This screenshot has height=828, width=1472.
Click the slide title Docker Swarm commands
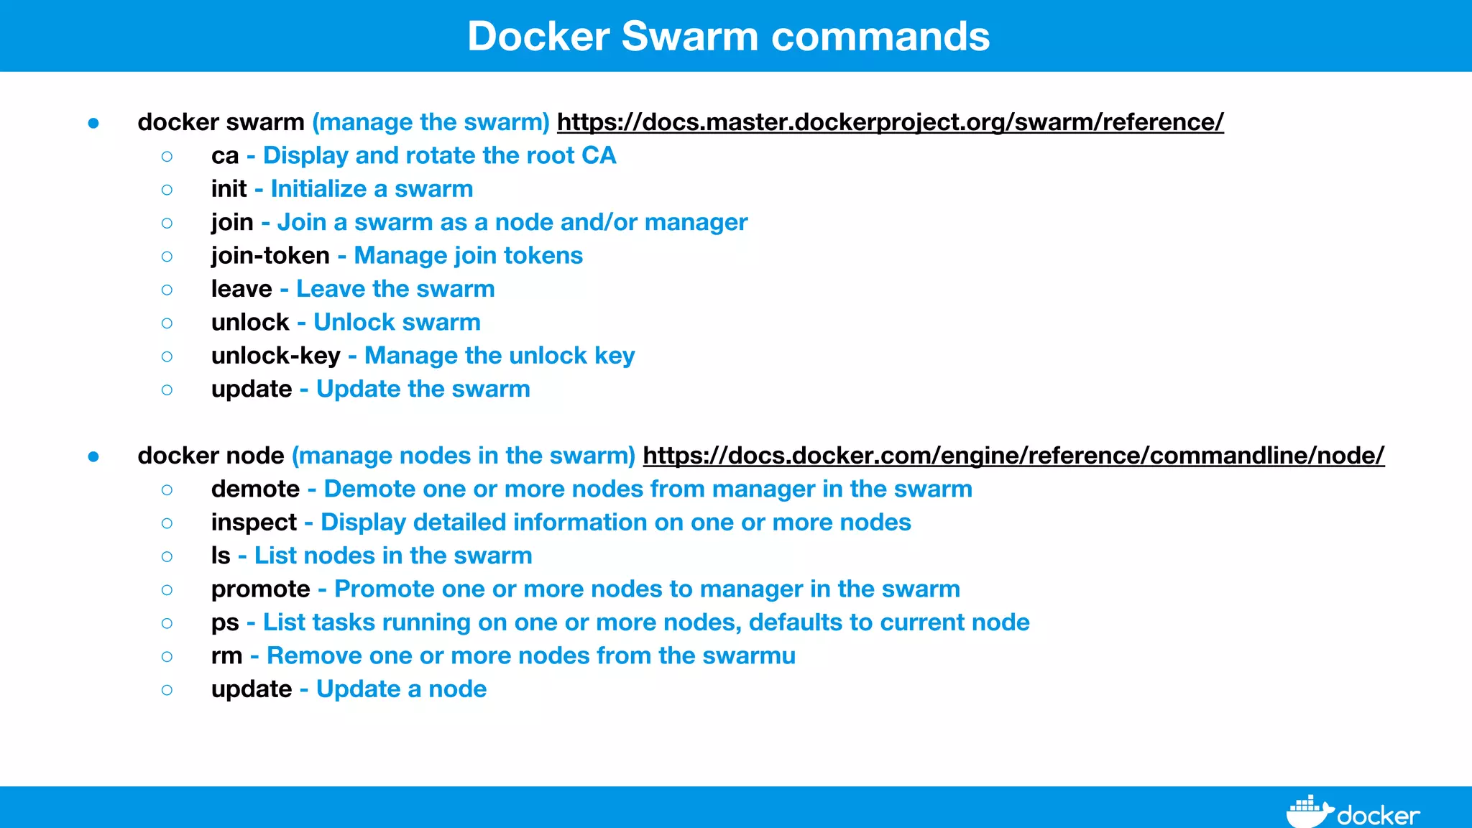(728, 36)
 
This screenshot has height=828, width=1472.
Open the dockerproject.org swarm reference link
(890, 122)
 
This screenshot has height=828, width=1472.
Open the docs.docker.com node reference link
(1013, 456)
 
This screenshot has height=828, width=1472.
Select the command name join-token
(270, 256)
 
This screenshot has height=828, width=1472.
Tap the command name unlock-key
(275, 356)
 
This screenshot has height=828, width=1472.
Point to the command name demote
(255, 489)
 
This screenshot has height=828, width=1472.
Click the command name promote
(260, 589)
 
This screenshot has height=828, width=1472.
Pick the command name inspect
(254, 523)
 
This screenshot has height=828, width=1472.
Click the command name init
(229, 189)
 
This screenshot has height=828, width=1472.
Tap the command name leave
(241, 289)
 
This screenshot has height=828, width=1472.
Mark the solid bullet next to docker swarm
(93, 124)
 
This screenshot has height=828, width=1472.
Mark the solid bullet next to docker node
(93, 457)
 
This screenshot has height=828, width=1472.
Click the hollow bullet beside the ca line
(167, 157)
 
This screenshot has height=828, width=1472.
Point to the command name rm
(226, 656)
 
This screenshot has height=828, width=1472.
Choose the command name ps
(225, 623)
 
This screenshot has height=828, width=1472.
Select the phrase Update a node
(401, 689)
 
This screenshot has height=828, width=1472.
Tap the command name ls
(221, 556)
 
